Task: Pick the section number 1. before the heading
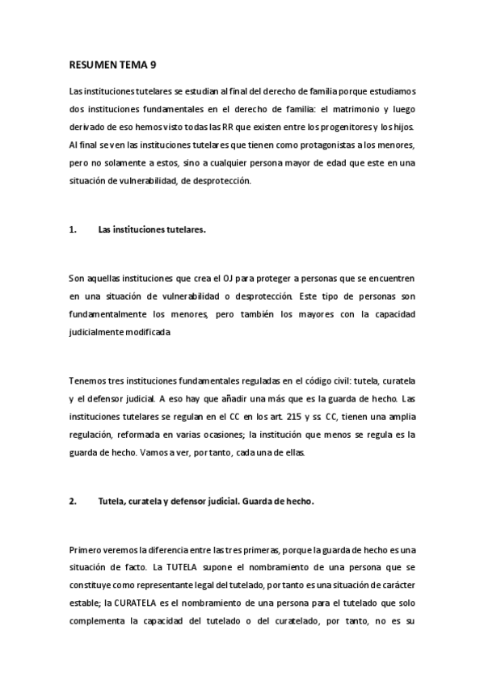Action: point(73,229)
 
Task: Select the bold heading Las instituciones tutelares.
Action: point(152,229)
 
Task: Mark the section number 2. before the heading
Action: point(73,501)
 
